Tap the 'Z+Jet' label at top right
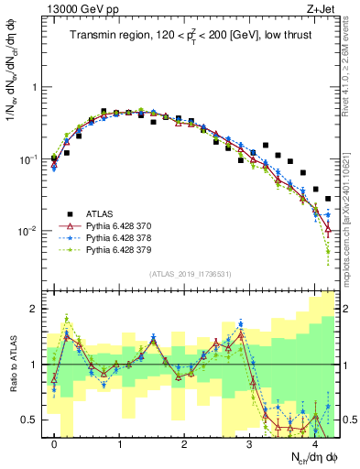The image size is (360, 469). [324, 9]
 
